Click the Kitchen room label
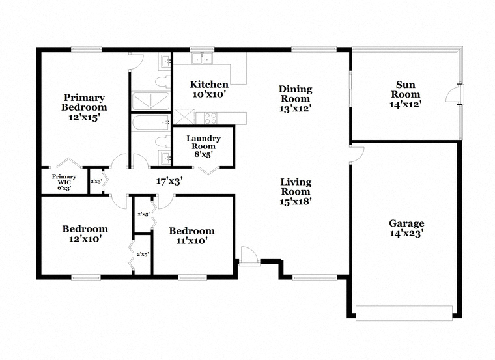(209, 84)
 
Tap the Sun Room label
(406, 90)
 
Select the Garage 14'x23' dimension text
(406, 234)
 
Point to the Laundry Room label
(204, 143)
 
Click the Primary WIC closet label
(64, 179)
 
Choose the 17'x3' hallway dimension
(169, 181)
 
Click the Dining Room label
(296, 94)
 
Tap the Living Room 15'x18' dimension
(296, 201)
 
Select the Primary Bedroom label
(84, 103)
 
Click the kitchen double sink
(202, 58)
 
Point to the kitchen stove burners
(210, 118)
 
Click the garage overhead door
(404, 312)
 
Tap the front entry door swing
(249, 255)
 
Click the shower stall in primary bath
(150, 102)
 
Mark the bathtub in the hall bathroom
(150, 122)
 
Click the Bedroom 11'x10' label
(191, 236)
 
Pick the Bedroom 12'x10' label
(85, 234)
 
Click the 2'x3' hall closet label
(96, 182)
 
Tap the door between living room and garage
(358, 154)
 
